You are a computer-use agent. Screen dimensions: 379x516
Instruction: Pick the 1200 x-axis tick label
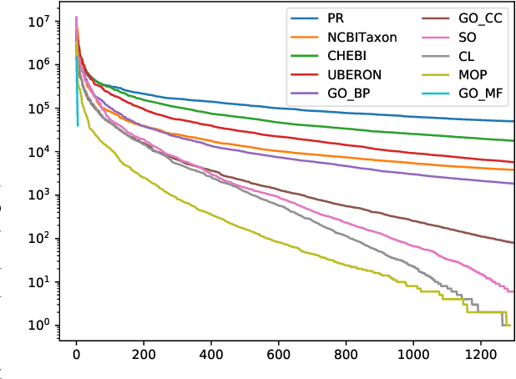tap(481, 355)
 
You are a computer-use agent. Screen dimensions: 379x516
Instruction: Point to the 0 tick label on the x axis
tap(76, 355)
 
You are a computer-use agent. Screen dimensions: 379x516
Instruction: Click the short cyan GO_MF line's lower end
tap(78, 125)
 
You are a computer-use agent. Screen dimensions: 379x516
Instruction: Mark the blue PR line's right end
tap(513, 122)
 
